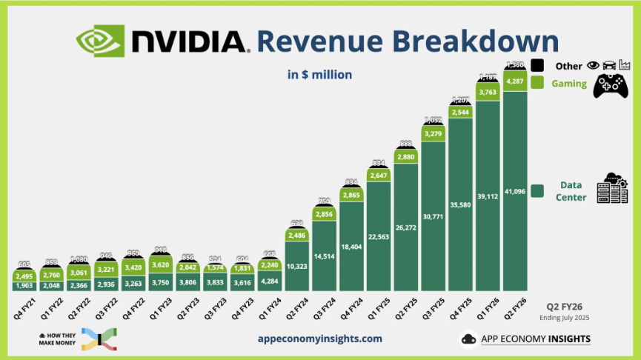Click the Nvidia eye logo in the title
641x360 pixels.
pyautogui.click(x=100, y=41)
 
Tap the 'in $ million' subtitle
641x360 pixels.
pyautogui.click(x=319, y=74)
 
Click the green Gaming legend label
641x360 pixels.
pyautogui.click(x=568, y=84)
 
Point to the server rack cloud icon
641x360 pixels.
pyautogui.click(x=612, y=190)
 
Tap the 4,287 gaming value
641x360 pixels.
pyautogui.click(x=515, y=81)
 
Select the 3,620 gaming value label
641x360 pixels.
pyautogui.click(x=162, y=263)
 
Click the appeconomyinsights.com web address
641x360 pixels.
pyautogui.click(x=320, y=338)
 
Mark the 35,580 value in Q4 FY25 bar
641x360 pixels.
pyautogui.click(x=461, y=202)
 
